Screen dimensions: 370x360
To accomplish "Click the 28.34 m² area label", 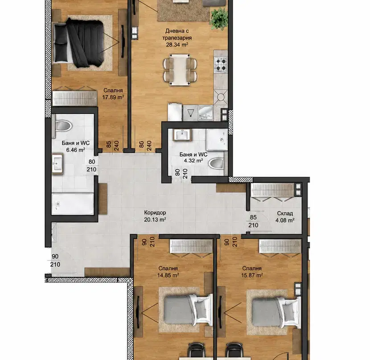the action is point(177,45).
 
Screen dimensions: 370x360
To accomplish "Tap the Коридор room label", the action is point(155,213).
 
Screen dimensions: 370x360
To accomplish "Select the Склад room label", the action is point(285,213).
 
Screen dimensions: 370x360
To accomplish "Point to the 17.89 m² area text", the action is point(113,97).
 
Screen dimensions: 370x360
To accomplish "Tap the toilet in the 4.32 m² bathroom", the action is point(216,163).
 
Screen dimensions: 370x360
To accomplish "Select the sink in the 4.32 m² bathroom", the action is point(182,135).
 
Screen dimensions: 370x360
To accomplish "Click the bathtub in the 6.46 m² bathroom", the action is point(73,204).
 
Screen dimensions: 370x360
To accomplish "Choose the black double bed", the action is point(79,43).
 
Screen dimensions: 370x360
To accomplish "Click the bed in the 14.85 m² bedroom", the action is point(187,310).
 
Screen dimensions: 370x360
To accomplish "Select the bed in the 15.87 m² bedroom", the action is point(276,312).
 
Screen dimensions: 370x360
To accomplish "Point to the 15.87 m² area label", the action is point(252,275).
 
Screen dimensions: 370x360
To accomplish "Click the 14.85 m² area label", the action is point(168,275).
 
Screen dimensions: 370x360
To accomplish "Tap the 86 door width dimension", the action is point(141,144).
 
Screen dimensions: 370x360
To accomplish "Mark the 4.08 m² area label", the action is point(285,221).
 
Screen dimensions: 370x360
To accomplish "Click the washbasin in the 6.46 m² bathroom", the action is point(58,164).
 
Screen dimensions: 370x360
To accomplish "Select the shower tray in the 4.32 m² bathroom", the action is point(217,139).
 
